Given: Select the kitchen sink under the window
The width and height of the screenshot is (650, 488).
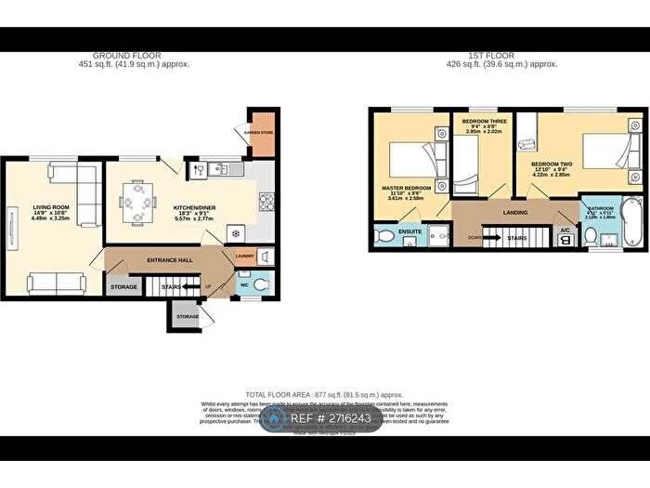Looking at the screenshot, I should [220, 169].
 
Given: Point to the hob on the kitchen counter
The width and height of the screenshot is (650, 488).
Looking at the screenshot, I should [266, 200].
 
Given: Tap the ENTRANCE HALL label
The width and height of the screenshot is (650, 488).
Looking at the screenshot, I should [169, 260].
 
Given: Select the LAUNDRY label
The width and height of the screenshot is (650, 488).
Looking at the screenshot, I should [245, 257].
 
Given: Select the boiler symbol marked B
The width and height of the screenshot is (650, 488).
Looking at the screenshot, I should [564, 240].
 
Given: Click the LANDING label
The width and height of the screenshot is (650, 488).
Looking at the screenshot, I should [515, 213].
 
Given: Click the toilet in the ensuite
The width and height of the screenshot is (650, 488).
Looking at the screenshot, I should [385, 239].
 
